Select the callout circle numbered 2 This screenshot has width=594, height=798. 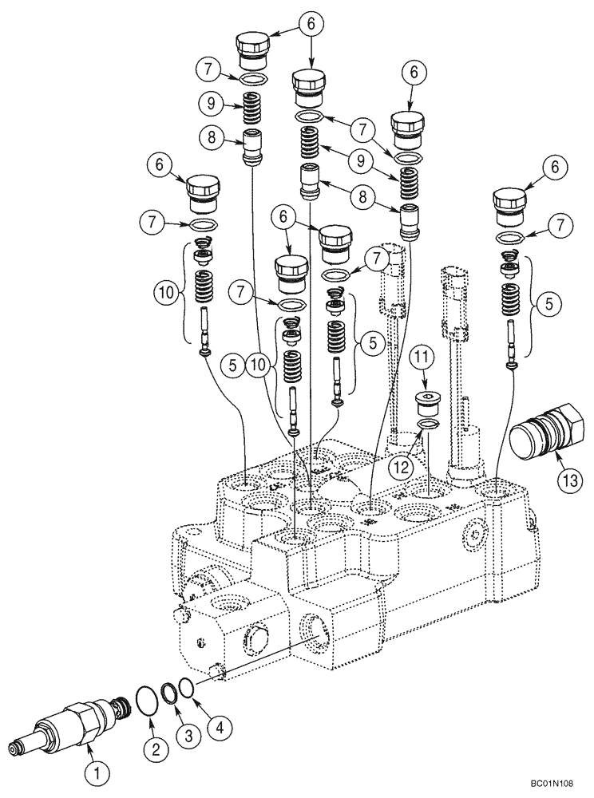[156, 748]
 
